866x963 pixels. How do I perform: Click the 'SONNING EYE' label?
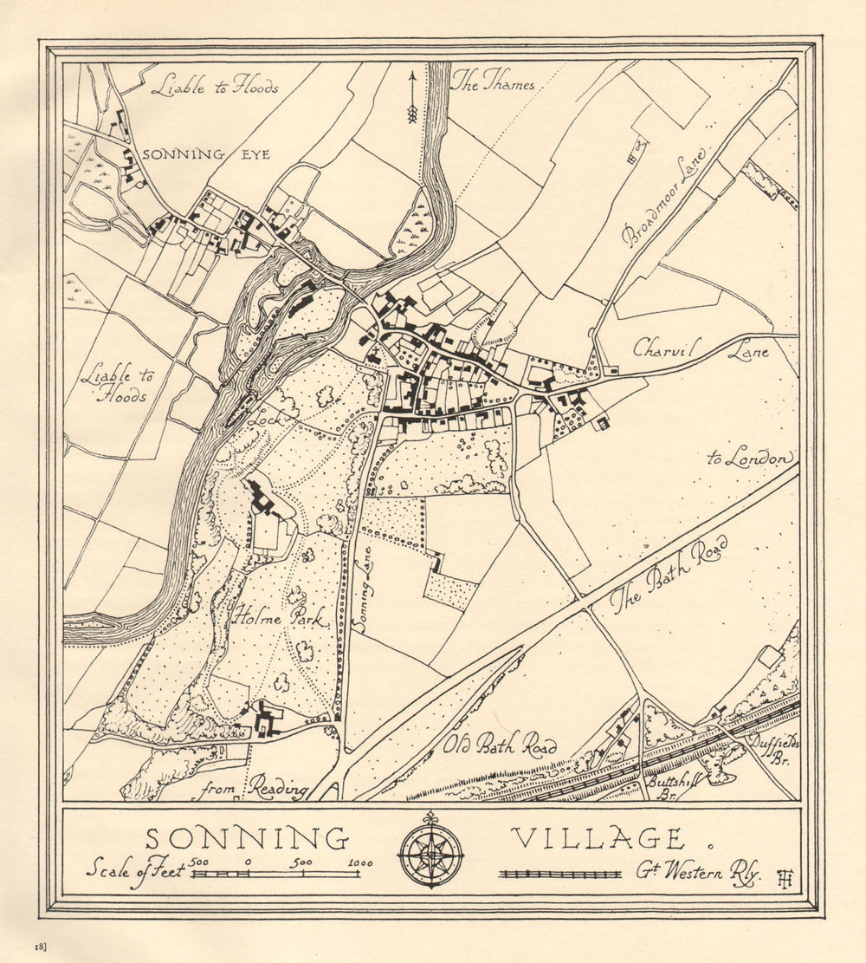click(x=206, y=154)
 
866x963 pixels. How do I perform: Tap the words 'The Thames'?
click(x=493, y=84)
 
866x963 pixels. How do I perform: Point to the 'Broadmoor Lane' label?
click(x=664, y=196)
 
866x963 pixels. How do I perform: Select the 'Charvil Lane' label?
click(x=701, y=349)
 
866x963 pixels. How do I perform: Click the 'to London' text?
click(x=750, y=458)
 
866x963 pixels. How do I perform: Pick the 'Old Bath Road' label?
click(x=500, y=745)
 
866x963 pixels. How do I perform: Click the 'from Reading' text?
click(x=254, y=790)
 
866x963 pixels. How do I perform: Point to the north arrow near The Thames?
click(x=412, y=97)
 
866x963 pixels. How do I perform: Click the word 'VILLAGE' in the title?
click(x=597, y=839)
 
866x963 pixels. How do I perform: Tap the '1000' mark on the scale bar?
click(x=361, y=862)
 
